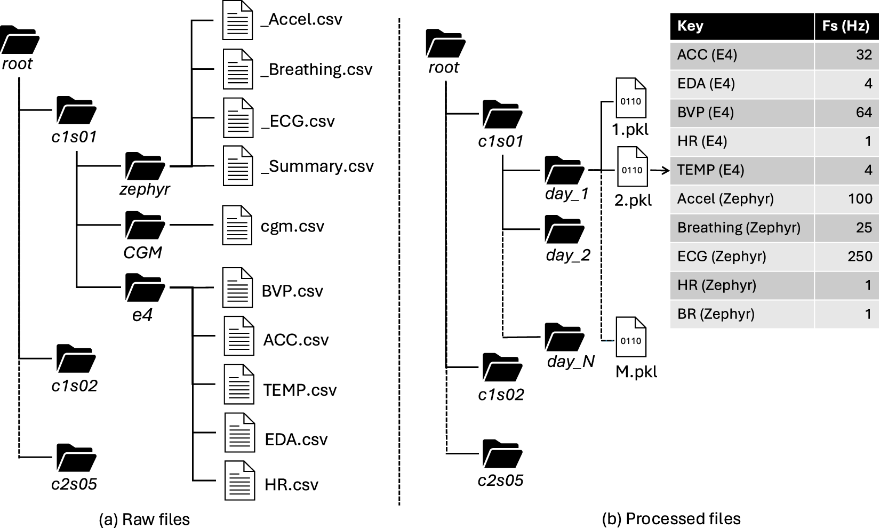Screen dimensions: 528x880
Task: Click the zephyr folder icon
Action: (145, 166)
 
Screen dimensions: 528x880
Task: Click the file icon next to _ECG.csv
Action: (238, 117)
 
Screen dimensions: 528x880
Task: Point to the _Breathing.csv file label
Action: (316, 69)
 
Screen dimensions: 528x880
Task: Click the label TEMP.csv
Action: (300, 390)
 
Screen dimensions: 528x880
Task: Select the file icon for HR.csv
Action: (239, 480)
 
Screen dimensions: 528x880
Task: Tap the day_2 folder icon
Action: (564, 229)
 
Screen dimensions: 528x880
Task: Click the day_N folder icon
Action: (564, 337)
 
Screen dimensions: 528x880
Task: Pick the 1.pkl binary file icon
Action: (631, 98)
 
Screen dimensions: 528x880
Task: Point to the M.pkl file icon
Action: (631, 337)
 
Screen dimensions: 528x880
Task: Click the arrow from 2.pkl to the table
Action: (660, 171)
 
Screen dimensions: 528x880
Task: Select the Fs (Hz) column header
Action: (846, 26)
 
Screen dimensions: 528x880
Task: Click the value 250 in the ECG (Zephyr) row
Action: (860, 257)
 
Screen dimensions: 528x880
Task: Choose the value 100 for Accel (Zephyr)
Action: (860, 199)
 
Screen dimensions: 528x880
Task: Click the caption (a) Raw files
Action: (144, 519)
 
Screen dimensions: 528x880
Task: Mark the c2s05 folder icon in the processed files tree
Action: (502, 454)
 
